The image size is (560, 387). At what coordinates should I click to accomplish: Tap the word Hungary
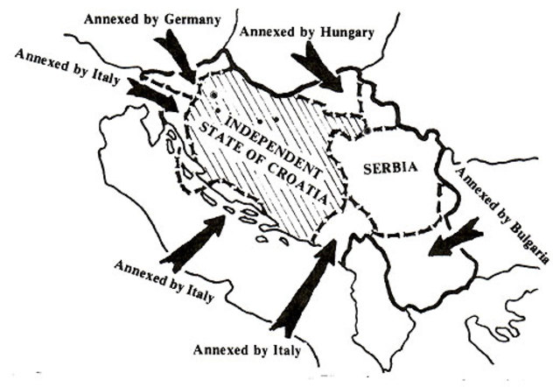pos(346,33)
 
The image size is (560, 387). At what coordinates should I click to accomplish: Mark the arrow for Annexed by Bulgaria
pos(455,237)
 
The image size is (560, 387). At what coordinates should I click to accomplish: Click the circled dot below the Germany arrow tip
pos(213,95)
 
